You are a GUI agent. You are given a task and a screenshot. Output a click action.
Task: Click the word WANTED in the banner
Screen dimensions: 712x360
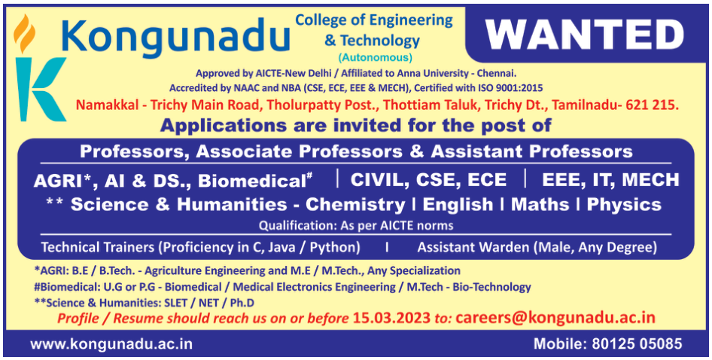(x=585, y=35)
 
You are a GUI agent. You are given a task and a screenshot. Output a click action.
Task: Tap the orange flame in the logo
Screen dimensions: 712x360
(x=24, y=33)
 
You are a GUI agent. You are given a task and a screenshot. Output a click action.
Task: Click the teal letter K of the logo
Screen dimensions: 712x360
(x=40, y=89)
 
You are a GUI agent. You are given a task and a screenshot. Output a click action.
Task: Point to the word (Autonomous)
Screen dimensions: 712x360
(x=375, y=58)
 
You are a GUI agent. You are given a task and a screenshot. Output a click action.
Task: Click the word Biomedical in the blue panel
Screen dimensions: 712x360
(x=250, y=181)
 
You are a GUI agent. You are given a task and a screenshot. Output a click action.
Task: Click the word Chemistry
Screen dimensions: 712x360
(x=355, y=205)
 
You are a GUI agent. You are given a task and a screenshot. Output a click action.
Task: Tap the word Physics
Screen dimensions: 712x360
(x=624, y=205)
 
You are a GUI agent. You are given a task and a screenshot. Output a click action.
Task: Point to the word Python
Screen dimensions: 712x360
(x=335, y=248)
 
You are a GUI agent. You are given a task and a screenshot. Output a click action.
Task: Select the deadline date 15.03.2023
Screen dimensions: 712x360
(x=391, y=318)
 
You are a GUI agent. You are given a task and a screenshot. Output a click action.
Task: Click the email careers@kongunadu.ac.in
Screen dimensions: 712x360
(x=555, y=317)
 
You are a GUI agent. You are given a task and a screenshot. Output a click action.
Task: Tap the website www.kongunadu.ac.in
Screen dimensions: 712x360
(x=111, y=343)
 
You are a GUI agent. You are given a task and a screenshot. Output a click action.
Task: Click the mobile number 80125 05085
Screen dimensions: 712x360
(x=637, y=343)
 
